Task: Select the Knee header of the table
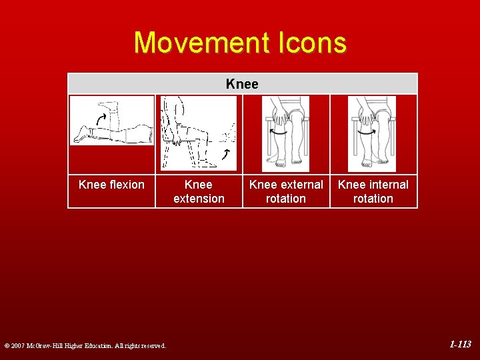pos(242,84)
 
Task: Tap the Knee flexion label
pos(111,185)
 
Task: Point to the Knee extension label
pos(199,191)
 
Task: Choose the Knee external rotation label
pos(286,191)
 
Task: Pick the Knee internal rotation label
pos(373,191)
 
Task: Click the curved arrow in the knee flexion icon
pos(101,119)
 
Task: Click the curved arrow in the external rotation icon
pos(278,131)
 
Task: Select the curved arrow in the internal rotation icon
pos(366,131)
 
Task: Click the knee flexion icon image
pos(112,121)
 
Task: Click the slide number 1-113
pos(460,345)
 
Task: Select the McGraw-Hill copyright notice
pos(85,345)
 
